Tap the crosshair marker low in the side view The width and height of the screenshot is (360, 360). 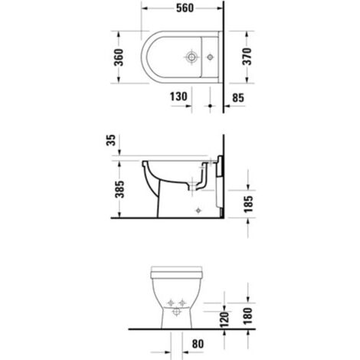[198, 208]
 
